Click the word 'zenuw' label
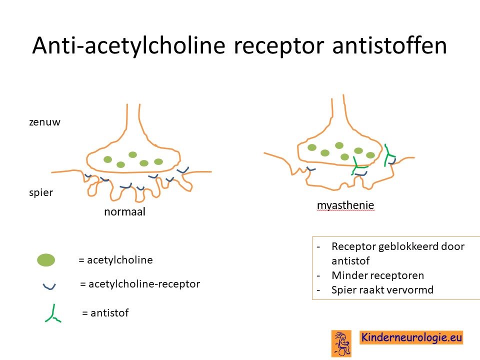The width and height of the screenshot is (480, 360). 44,122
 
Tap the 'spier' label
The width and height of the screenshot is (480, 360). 41,193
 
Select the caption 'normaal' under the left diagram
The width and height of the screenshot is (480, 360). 124,211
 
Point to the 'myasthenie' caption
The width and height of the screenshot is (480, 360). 345,205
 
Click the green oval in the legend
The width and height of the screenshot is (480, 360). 46,260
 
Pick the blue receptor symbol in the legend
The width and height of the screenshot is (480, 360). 49,287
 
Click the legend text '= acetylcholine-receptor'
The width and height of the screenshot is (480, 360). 140,284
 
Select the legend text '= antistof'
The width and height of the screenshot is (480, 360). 105,313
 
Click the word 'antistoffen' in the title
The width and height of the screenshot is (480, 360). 389,45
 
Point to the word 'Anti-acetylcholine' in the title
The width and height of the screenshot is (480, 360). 128,46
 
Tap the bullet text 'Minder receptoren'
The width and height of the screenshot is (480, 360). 378,275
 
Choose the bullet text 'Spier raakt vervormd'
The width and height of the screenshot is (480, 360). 382,290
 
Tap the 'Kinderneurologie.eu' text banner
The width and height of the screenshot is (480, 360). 411,337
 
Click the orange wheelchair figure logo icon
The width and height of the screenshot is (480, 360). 341,343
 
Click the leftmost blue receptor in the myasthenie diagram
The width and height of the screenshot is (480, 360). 311,168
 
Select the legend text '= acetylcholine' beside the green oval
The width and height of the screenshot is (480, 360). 115,260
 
